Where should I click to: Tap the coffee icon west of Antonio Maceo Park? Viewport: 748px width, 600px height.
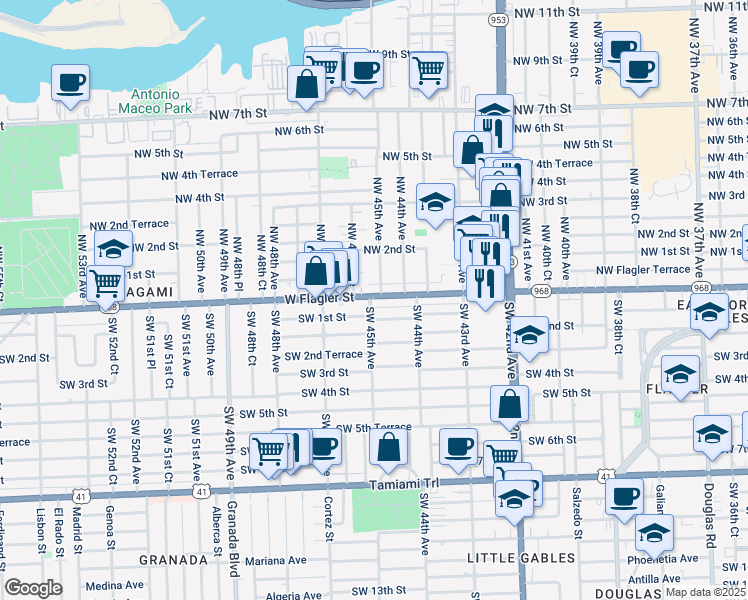coord(70,83)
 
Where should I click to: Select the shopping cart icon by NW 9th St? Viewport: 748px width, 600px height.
coord(428,70)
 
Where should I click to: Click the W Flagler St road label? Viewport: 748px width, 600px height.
coord(320,298)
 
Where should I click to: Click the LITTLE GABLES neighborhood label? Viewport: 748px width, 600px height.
coord(527,557)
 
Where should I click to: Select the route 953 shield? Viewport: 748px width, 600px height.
coord(499,18)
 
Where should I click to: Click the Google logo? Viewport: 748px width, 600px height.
coord(33,587)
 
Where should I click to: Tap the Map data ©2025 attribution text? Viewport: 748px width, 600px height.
coord(704,592)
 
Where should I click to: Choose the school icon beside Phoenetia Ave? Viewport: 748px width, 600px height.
coord(654,533)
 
